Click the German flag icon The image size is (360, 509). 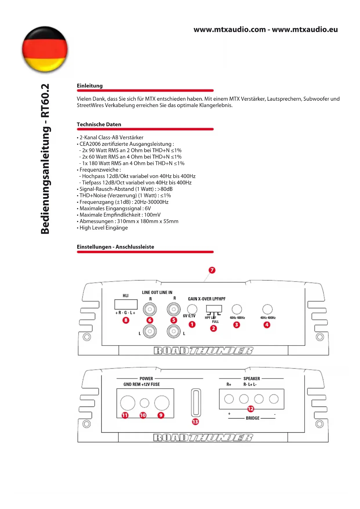pyautogui.click(x=45, y=49)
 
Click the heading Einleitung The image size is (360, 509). pyautogui.click(x=90, y=86)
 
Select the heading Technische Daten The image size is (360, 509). pyautogui.click(x=99, y=124)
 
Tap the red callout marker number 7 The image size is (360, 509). pyautogui.click(x=212, y=270)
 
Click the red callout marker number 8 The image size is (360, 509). pyautogui.click(x=126, y=320)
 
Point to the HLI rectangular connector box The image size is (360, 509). pyautogui.click(x=126, y=304)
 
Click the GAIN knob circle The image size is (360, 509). pyautogui.click(x=192, y=309)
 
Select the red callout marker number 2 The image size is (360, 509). pyautogui.click(x=214, y=328)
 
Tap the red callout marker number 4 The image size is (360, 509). pyautogui.click(x=267, y=325)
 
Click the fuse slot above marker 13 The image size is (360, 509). pyautogui.click(x=196, y=402)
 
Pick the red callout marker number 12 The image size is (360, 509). pyautogui.click(x=251, y=409)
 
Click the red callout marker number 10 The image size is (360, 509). pyautogui.click(x=143, y=415)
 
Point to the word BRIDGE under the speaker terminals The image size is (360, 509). pyautogui.click(x=252, y=418)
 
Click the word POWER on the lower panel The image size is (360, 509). pyautogui.click(x=146, y=379)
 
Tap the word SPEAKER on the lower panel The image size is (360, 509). pyautogui.click(x=252, y=379)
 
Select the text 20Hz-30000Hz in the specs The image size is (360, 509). pyautogui.click(x=151, y=202)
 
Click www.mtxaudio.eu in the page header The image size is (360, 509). pyautogui.click(x=305, y=30)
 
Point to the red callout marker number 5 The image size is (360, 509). pyautogui.click(x=173, y=320)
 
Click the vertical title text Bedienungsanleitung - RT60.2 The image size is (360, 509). pyautogui.click(x=45, y=159)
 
